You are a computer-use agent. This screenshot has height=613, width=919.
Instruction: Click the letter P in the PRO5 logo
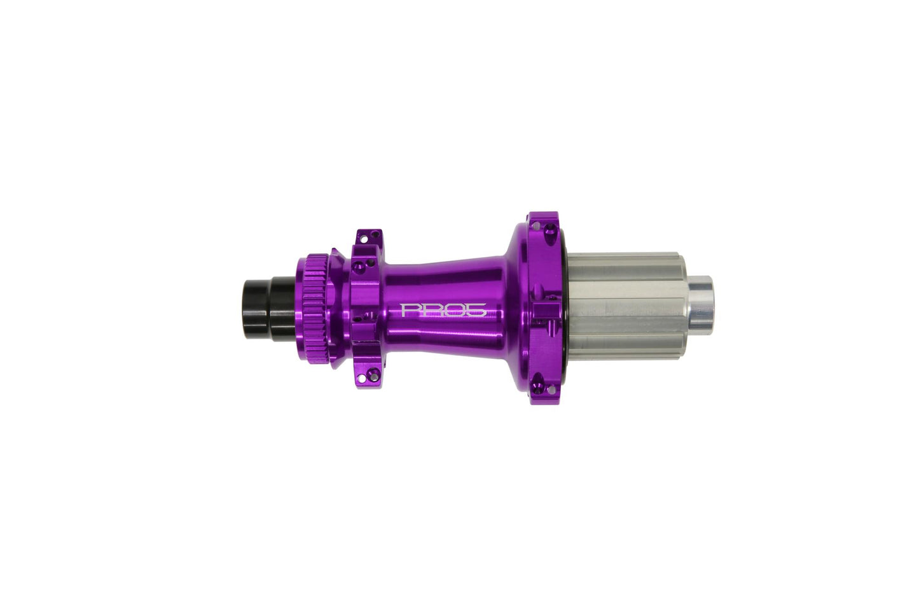(409, 310)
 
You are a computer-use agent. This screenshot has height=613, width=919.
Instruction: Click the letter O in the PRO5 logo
(452, 310)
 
